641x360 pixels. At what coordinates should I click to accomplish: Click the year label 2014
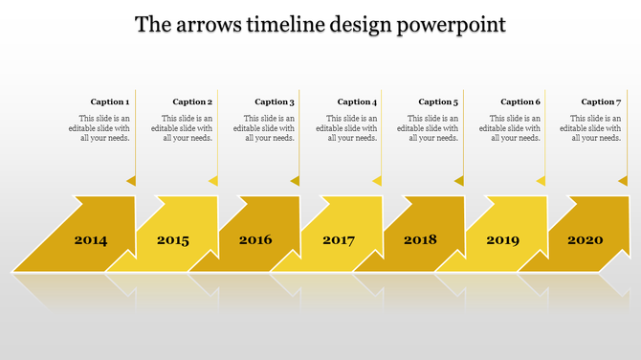pos(91,240)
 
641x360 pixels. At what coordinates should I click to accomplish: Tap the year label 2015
pos(173,240)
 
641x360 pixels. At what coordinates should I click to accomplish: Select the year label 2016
pos(255,240)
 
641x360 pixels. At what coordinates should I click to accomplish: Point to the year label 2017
pos(339,240)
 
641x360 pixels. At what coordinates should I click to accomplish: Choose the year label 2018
pos(420,240)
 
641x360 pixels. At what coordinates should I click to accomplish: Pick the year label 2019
pos(503,240)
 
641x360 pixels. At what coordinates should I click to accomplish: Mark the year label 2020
pos(586,240)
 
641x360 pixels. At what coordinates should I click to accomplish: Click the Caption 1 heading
pos(110,101)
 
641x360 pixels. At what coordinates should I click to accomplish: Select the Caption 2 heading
pos(192,101)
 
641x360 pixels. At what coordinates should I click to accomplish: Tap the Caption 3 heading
pos(275,101)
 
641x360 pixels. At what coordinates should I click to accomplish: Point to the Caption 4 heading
pos(357,101)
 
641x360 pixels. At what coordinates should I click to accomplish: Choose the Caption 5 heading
pos(439,101)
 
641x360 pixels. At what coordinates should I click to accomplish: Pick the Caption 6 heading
pos(520,101)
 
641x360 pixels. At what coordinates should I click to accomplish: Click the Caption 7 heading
pos(602,101)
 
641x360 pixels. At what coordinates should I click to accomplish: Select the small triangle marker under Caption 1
pos(131,180)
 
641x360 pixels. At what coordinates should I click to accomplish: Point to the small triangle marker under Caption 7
pos(623,180)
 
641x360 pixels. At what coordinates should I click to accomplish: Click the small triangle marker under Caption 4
pos(378,180)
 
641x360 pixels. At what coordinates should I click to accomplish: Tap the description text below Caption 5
pos(429,128)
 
